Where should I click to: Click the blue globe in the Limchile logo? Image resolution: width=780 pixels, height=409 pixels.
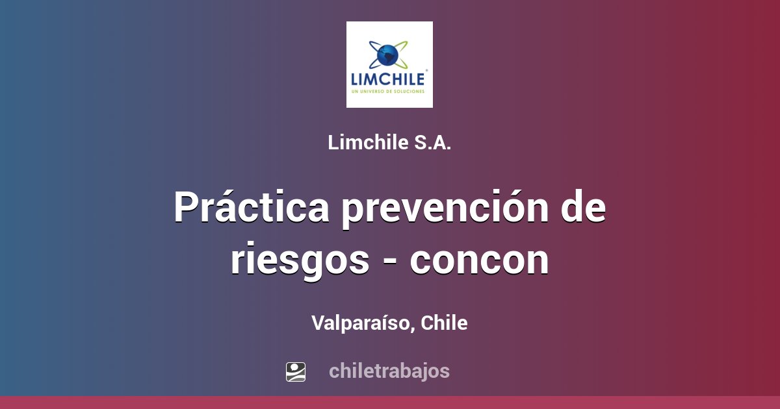pyautogui.click(x=388, y=55)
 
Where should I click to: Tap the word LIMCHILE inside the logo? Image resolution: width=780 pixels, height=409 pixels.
pyautogui.click(x=388, y=79)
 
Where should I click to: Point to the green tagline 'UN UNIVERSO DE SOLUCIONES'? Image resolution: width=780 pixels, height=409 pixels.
pyautogui.click(x=388, y=92)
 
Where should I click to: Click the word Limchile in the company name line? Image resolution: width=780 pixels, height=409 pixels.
pyautogui.click(x=368, y=143)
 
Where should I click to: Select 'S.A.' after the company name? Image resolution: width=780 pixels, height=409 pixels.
pyautogui.click(x=432, y=143)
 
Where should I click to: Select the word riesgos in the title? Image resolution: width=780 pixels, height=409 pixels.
pyautogui.click(x=299, y=260)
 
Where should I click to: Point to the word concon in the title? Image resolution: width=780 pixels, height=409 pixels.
pyautogui.click(x=479, y=260)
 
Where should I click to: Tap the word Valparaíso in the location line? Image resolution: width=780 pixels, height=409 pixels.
pyautogui.click(x=361, y=323)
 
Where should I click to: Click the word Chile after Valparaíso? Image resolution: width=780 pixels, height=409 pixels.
pyautogui.click(x=444, y=323)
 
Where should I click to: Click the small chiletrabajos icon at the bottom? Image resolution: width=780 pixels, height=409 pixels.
pyautogui.click(x=296, y=371)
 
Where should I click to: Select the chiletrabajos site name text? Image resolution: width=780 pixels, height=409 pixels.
pyautogui.click(x=389, y=371)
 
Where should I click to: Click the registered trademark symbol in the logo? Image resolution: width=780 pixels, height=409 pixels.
pyautogui.click(x=426, y=70)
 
